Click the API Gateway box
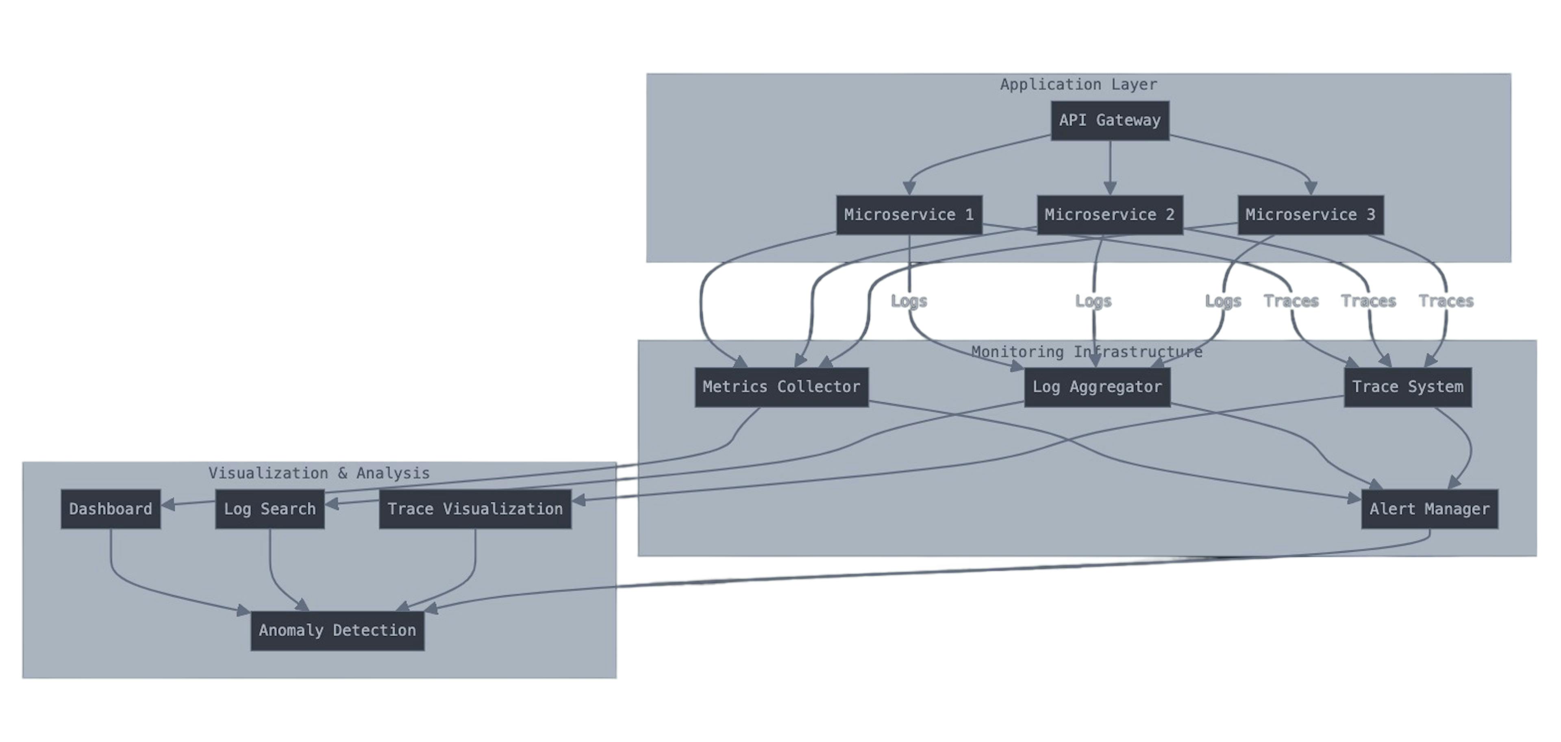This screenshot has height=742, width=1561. (1109, 121)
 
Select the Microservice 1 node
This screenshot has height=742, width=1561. (909, 215)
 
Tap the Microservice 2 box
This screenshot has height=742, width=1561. (1109, 215)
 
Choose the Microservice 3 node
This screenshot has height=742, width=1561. (1310, 215)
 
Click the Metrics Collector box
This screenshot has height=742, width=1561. (781, 387)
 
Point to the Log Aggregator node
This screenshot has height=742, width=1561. (1097, 387)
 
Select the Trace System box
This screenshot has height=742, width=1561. (1407, 387)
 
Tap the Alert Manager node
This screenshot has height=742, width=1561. (1429, 509)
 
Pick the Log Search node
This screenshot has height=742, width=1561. (270, 509)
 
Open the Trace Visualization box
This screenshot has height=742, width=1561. (475, 509)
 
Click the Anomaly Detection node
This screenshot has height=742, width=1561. (337, 631)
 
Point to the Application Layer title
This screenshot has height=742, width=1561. (1078, 84)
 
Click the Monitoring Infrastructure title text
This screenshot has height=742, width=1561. (1087, 352)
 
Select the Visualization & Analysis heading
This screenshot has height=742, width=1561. (319, 473)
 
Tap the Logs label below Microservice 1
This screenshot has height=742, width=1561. (909, 301)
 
